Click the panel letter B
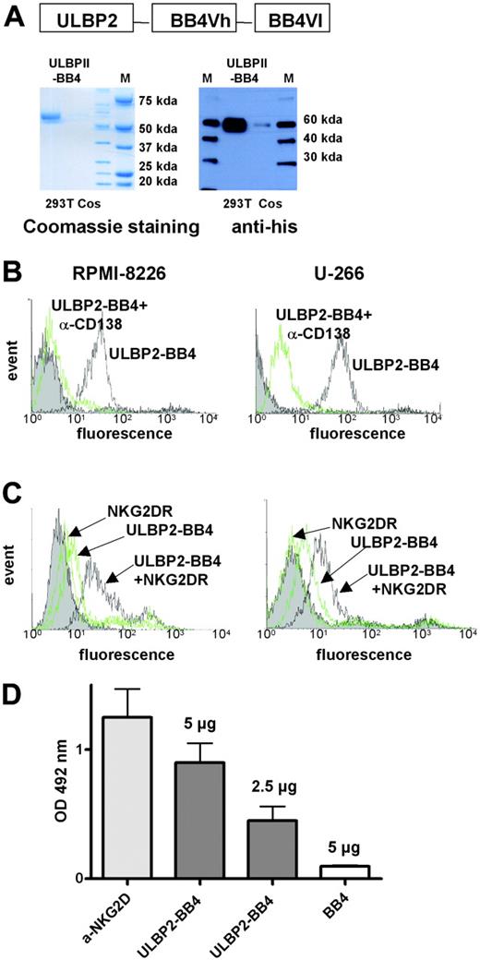pyautogui.click(x=15, y=271)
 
